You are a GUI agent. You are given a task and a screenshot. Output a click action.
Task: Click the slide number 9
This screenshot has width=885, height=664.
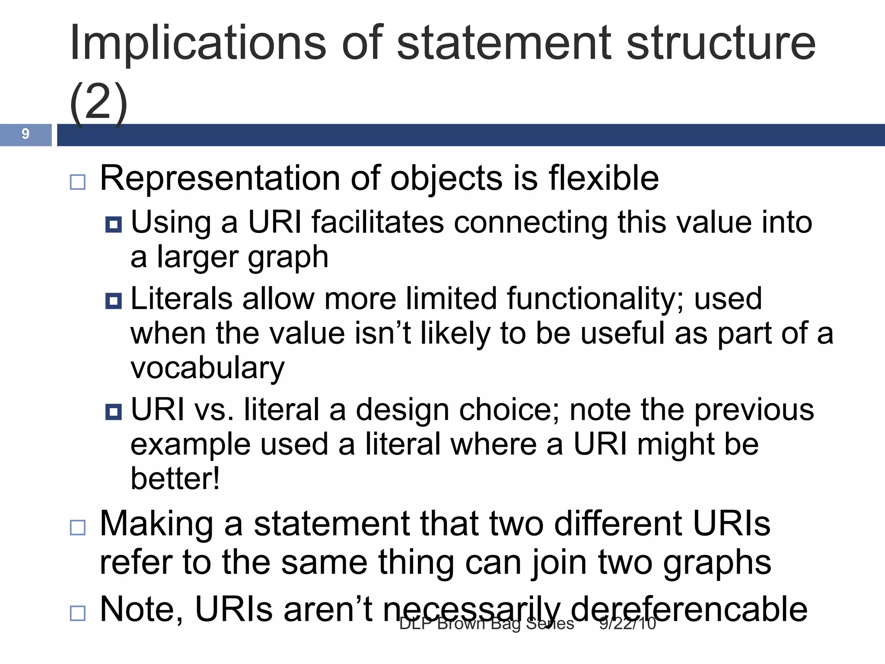click(x=25, y=134)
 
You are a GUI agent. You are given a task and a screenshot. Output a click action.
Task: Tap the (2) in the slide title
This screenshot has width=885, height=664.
click(x=99, y=103)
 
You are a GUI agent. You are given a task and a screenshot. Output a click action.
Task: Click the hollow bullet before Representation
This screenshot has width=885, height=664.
click(x=78, y=182)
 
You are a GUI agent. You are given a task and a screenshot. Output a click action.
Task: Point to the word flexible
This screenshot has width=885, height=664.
click(x=604, y=178)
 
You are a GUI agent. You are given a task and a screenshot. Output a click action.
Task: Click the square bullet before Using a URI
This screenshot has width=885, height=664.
click(x=114, y=224)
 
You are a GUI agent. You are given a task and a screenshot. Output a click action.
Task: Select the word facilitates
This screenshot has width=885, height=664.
click(x=378, y=222)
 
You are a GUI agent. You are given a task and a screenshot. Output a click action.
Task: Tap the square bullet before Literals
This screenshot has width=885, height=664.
click(x=114, y=301)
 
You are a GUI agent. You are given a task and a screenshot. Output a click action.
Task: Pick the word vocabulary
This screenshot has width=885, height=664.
click(x=207, y=368)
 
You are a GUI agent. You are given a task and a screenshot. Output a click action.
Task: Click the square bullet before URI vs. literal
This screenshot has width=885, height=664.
click(x=114, y=412)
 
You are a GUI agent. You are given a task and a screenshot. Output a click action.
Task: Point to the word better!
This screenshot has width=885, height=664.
click(x=175, y=479)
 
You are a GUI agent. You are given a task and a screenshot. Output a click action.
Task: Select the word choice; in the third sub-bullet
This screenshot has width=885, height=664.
click(x=509, y=410)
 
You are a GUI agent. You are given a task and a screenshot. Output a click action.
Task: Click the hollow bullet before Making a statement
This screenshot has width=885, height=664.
click(x=78, y=527)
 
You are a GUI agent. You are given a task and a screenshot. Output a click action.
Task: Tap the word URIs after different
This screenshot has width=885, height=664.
click(x=731, y=524)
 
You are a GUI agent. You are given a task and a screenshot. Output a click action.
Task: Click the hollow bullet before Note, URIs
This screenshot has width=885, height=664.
click(x=78, y=613)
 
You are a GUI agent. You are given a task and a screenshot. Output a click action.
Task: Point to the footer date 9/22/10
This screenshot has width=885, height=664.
click(x=627, y=624)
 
